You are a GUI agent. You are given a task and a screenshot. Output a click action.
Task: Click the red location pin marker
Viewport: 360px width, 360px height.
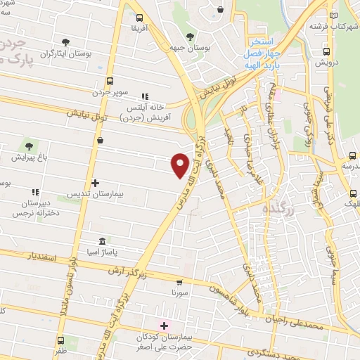point(181,165)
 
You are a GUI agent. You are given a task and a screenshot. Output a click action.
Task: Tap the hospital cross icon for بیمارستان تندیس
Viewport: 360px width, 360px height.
point(96,183)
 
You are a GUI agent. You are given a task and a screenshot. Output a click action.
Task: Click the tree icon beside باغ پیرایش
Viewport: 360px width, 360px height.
point(29,146)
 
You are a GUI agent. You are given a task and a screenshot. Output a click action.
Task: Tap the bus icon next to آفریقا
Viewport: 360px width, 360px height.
point(139,18)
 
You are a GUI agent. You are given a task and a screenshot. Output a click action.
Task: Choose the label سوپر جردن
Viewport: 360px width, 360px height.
point(110,92)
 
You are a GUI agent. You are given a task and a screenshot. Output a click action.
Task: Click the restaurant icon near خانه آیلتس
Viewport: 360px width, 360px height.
point(145,96)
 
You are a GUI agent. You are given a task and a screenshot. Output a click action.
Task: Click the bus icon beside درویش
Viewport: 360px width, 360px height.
point(326,51)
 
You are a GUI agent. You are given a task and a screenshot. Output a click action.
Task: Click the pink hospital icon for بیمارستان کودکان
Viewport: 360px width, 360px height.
point(165,326)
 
